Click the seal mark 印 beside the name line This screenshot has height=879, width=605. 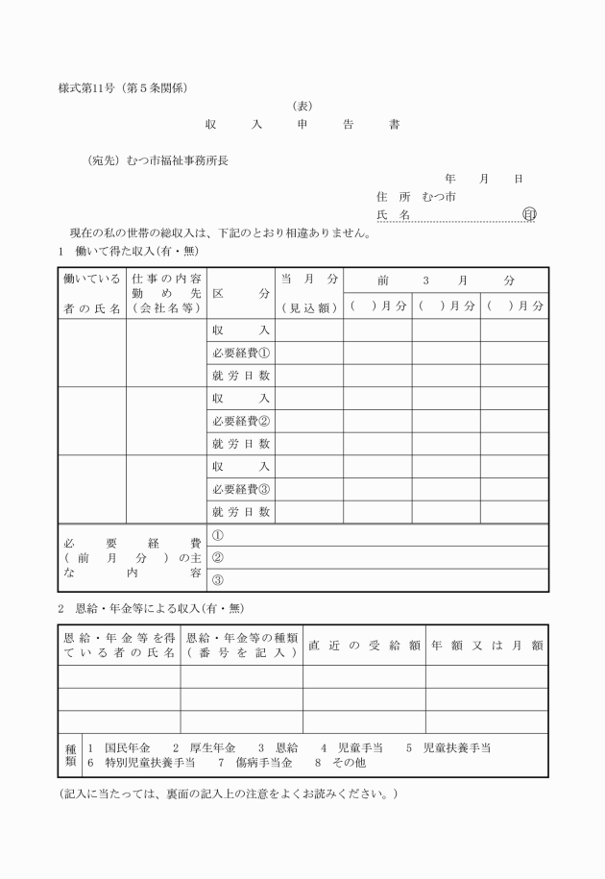point(528,215)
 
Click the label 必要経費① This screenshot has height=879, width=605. point(241,353)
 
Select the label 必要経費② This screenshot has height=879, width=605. point(241,421)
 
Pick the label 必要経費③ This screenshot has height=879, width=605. point(241,489)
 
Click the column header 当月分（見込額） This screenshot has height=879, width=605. point(309,293)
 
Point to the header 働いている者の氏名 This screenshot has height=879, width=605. point(91,293)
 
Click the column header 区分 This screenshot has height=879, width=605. point(241,293)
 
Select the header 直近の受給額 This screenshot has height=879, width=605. point(364,646)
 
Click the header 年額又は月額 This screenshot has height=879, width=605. point(487,646)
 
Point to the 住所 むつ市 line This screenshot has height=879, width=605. point(416,197)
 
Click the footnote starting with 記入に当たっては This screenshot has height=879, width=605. point(227,794)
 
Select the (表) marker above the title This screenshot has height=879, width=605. point(302,107)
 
